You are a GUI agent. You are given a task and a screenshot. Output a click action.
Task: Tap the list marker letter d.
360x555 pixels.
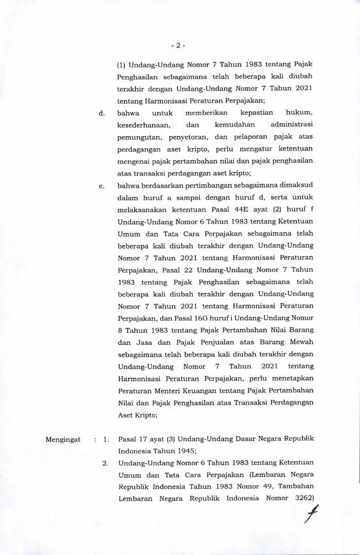pyautogui.click(x=102, y=113)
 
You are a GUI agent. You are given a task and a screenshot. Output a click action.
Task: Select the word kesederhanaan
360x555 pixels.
pyautogui.click(x=142, y=125)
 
